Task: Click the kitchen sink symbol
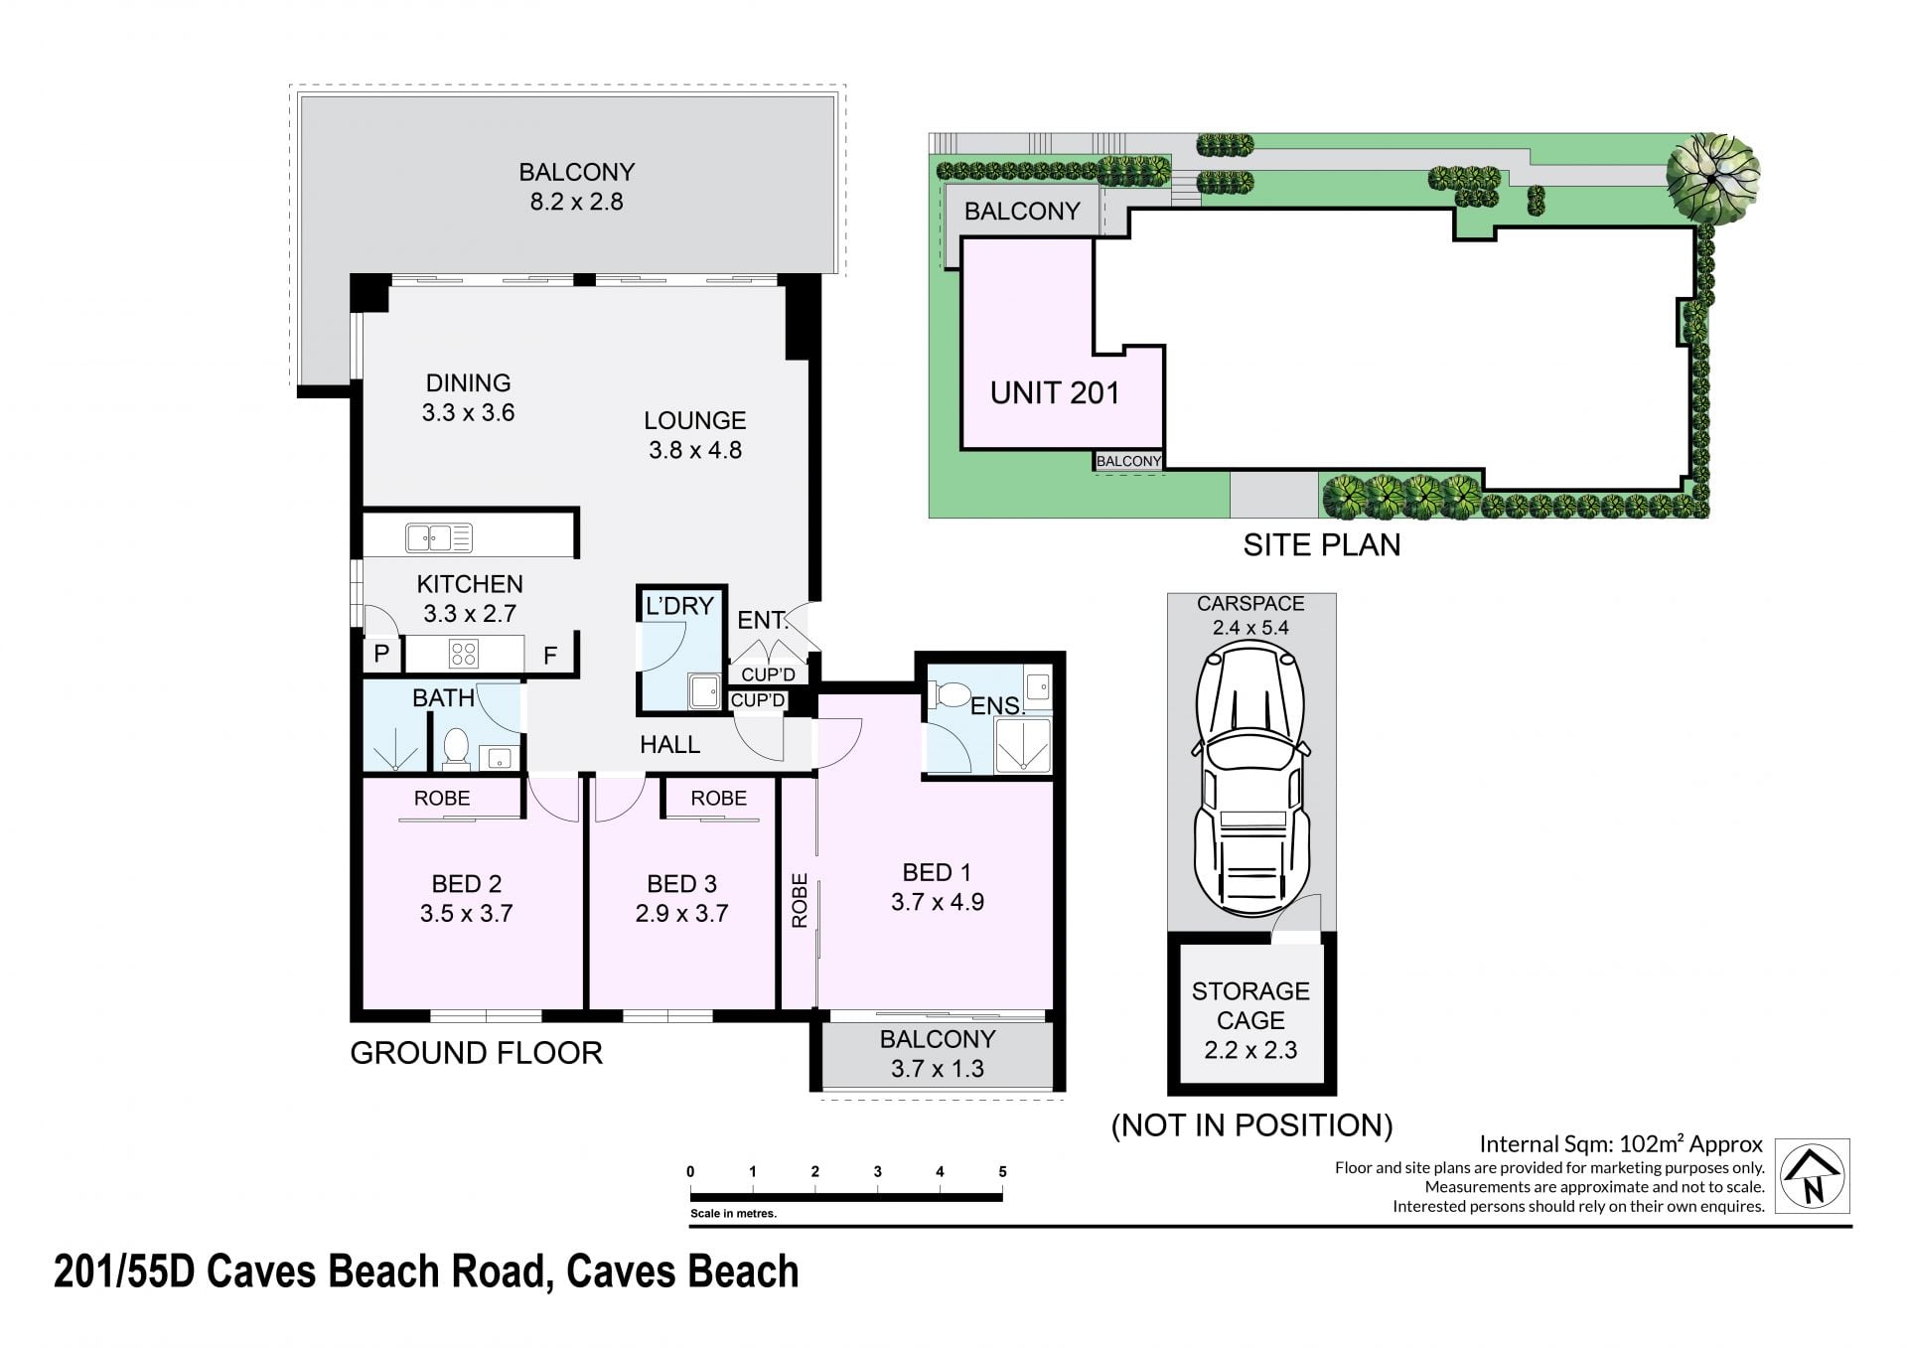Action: click(439, 537)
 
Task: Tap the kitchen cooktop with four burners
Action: click(464, 654)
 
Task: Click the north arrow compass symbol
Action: click(1813, 1176)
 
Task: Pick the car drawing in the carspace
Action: click(1250, 779)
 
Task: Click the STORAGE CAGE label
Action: click(1250, 1005)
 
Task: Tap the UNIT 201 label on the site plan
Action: click(1055, 393)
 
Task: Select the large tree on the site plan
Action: click(1712, 176)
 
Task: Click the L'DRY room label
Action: click(679, 606)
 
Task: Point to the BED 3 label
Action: click(681, 884)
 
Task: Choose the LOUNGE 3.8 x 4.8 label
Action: click(695, 435)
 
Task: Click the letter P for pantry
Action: click(381, 654)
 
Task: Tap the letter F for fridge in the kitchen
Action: click(549, 655)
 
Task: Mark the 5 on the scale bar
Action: click(1002, 1172)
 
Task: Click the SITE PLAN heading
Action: click(1322, 544)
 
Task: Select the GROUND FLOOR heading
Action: click(477, 1053)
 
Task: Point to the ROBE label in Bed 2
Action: click(442, 798)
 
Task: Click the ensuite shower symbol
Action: click(1023, 746)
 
